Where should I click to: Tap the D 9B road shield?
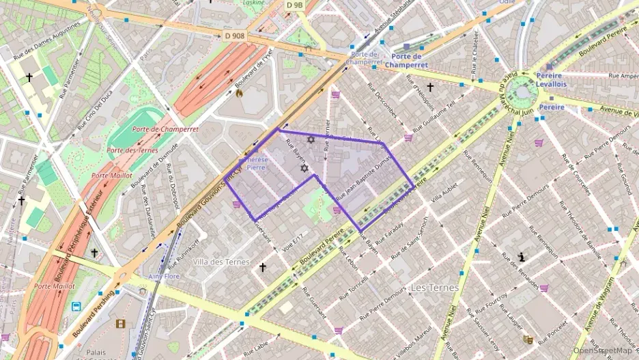pos(294,5)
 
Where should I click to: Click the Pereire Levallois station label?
pos(551,80)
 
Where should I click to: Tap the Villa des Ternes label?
pos(221,262)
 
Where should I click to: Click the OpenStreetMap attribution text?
pos(603,350)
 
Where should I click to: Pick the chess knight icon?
pos(522,258)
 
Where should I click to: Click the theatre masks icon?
pos(528,339)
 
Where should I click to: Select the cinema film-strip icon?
pos(121,323)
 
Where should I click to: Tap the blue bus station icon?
pos(76,307)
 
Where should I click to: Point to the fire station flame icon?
pos(238,94)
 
